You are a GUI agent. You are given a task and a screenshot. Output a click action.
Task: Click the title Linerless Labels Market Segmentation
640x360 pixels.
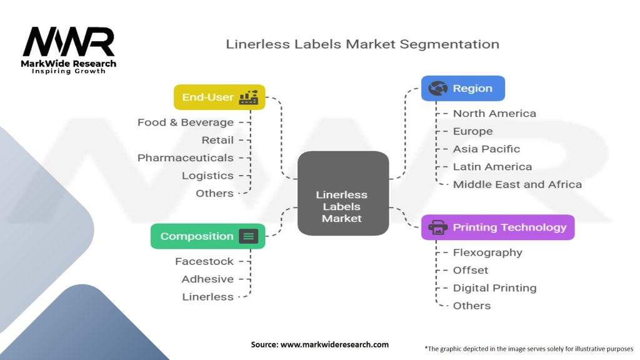[x=362, y=44]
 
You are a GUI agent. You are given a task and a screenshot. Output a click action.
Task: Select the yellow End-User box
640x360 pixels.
[x=219, y=97]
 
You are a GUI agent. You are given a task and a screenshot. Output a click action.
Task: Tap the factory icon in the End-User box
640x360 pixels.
[x=249, y=97]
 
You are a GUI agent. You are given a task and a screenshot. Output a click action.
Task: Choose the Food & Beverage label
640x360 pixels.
[x=186, y=122]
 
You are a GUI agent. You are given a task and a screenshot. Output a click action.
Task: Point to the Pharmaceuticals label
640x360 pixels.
[x=186, y=158]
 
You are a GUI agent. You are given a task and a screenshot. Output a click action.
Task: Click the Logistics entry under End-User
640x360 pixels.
[x=207, y=176]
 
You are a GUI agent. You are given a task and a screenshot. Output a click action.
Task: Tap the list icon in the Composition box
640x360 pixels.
[x=249, y=236]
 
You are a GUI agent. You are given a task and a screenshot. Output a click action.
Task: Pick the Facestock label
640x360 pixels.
[x=204, y=261]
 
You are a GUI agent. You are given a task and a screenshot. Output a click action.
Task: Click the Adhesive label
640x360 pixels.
[x=207, y=279]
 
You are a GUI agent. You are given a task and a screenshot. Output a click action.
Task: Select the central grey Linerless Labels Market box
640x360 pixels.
[x=342, y=194]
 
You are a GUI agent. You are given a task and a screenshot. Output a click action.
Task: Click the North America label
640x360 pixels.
[x=494, y=114]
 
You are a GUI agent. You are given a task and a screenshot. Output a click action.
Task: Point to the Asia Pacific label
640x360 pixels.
[x=486, y=149]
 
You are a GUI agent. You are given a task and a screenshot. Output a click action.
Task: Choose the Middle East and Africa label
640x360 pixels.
[x=517, y=184]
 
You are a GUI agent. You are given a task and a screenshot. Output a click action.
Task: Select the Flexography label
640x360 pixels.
[x=487, y=252]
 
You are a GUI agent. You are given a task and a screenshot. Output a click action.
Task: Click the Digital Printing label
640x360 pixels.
[x=494, y=288]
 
